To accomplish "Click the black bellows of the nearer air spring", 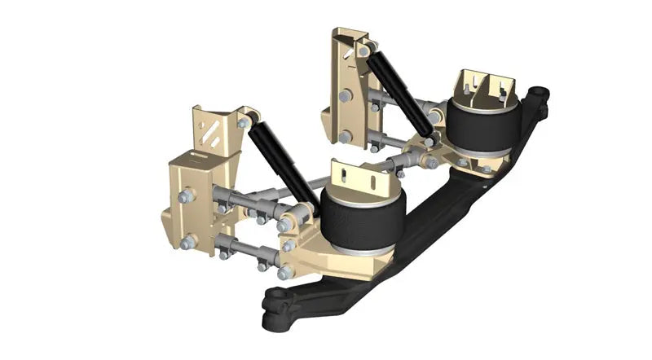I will coord(362,217).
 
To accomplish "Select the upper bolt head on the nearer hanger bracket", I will coord(187,196).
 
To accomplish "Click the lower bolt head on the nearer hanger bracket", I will coord(187,242).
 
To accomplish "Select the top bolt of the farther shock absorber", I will coord(363,50).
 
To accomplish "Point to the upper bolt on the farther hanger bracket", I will coord(346,96).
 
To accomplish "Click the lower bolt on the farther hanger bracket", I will coord(346,136).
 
